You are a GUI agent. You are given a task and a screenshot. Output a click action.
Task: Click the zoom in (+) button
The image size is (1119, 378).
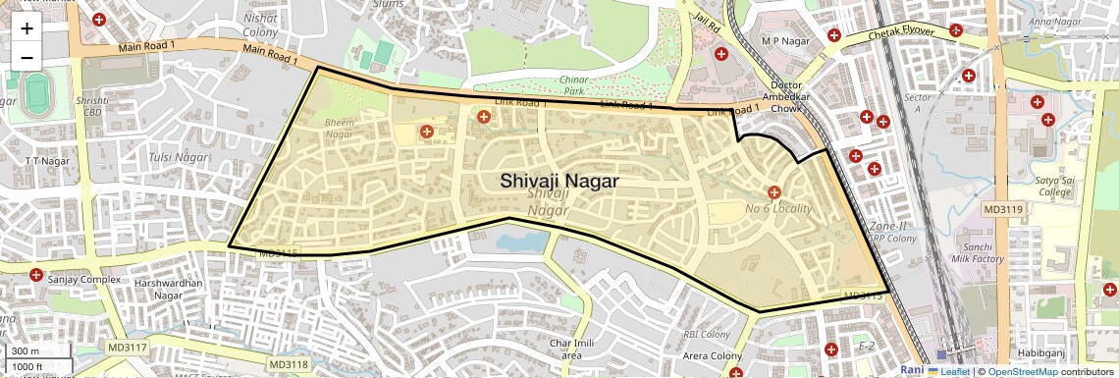click(x=27, y=28)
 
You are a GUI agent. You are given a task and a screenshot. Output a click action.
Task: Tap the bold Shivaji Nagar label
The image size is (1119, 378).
click(x=559, y=181)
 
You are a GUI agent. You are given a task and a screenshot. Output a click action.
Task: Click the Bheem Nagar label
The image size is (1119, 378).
click(x=339, y=128)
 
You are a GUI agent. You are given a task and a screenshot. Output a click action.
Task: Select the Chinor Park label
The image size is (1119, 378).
click(x=573, y=84)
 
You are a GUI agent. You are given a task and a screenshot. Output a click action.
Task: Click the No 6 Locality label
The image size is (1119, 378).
click(x=778, y=209)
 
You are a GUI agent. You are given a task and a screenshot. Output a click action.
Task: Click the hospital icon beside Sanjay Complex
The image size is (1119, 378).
click(x=36, y=274)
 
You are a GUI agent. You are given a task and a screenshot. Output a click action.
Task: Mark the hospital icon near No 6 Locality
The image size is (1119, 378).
click(x=773, y=192)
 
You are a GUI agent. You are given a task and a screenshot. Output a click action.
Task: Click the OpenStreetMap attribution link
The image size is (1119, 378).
click(x=1022, y=372)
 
